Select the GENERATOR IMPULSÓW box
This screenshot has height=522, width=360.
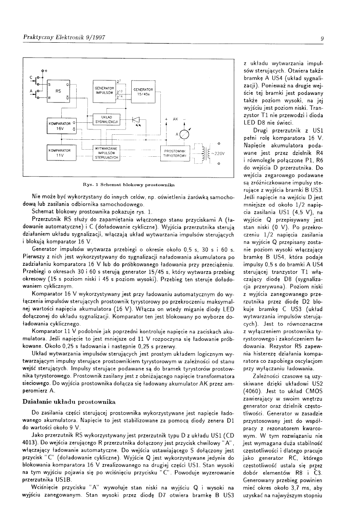click(104, 90)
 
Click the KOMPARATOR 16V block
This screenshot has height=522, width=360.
click(61, 126)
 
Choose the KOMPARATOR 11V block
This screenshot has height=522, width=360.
click(60, 153)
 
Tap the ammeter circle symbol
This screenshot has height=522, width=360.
click(183, 134)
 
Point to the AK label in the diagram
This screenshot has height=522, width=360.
click(175, 119)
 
